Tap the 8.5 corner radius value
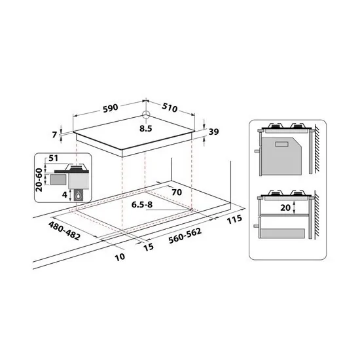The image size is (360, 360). pyautogui.click(x=146, y=129)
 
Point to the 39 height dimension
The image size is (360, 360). pyautogui.click(x=213, y=132)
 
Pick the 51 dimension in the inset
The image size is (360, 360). pyautogui.click(x=54, y=158)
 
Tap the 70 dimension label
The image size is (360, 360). pyautogui.click(x=176, y=192)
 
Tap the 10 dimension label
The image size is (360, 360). pyautogui.click(x=119, y=257)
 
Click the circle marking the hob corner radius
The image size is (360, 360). pyautogui.click(x=146, y=118)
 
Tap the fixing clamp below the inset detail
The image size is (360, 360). pyautogui.click(x=79, y=196)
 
